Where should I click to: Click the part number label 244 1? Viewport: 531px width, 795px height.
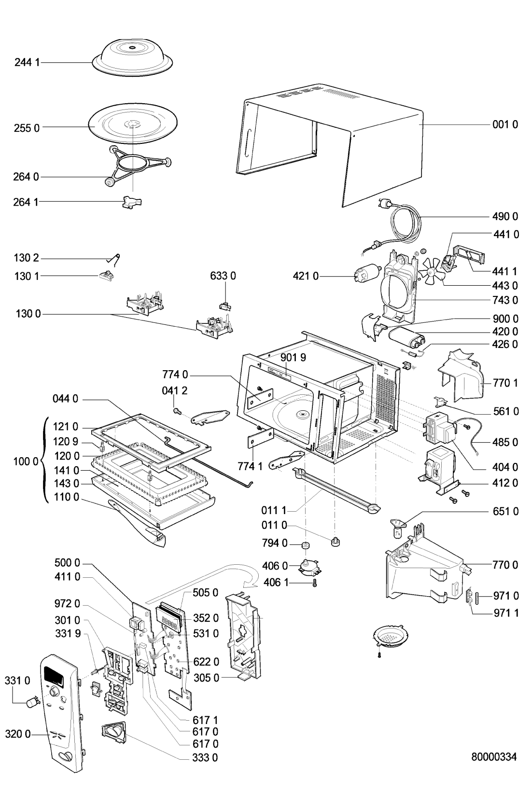(x=27, y=63)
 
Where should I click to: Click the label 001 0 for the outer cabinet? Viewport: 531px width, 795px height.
(x=505, y=125)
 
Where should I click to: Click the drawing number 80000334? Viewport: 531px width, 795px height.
(x=494, y=757)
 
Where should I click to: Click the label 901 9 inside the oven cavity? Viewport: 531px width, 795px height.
(x=293, y=357)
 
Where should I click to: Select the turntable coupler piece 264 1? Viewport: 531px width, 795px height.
(x=132, y=203)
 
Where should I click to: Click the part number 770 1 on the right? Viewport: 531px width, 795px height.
(x=505, y=383)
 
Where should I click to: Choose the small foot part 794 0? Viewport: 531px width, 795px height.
(x=306, y=545)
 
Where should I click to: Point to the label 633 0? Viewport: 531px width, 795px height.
(x=223, y=276)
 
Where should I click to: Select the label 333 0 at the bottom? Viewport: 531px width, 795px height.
(x=205, y=758)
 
